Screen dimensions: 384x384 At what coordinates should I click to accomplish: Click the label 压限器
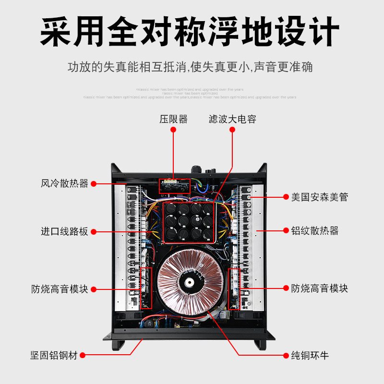pos(173,119)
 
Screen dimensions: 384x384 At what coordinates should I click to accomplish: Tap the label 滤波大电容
pos(232,119)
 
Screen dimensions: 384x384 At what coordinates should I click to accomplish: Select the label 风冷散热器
pos(64,183)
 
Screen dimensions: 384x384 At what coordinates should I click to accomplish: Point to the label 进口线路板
pos(64,231)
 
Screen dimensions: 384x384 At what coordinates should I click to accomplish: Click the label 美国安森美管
pos(319,197)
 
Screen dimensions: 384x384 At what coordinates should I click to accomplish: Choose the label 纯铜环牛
pos(310,356)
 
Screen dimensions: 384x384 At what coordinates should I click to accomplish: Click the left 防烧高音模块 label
pos(60,289)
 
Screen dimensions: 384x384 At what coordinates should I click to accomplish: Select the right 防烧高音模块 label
pos(319,288)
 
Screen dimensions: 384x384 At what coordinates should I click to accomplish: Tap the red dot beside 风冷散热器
pos(94,183)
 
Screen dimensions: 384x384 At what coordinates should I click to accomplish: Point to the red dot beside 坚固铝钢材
pos(83,356)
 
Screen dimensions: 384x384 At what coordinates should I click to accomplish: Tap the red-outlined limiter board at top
pos(175,185)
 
